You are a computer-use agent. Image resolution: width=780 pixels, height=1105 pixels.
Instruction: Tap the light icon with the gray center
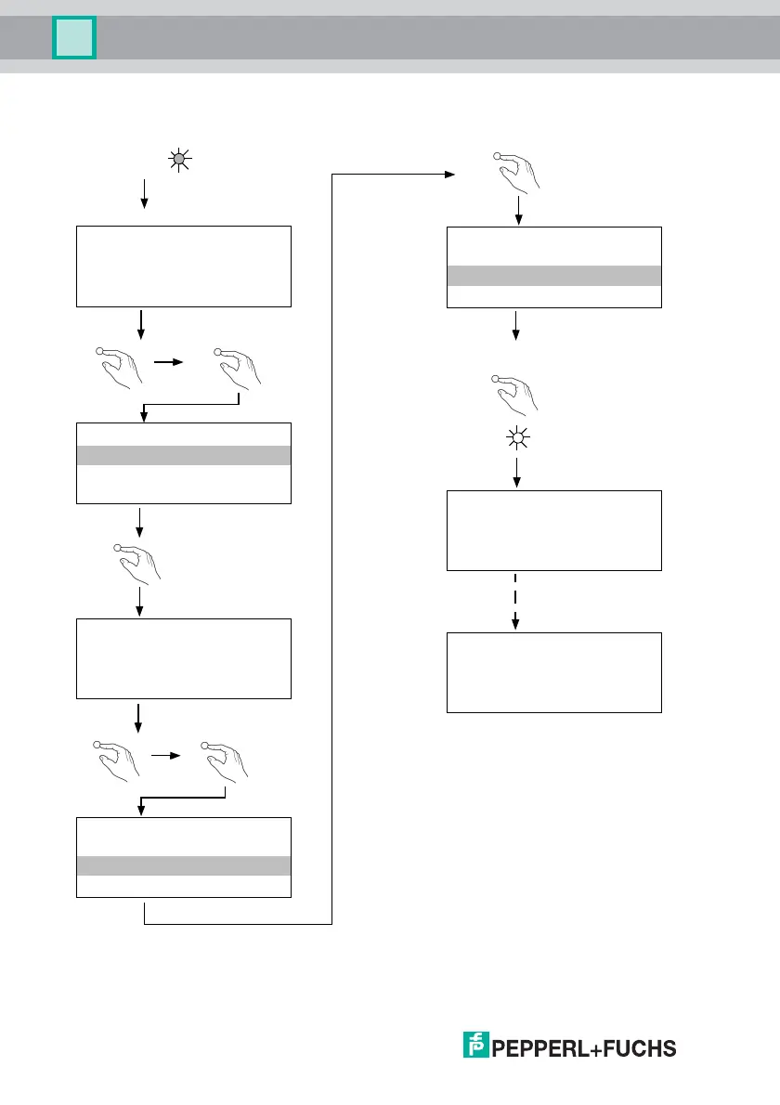pos(178,160)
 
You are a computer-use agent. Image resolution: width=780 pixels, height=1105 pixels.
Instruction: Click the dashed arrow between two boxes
pos(516,601)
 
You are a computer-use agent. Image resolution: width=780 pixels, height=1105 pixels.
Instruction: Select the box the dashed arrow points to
pos(554,672)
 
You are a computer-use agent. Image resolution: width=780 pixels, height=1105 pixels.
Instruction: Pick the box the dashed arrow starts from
pos(554,529)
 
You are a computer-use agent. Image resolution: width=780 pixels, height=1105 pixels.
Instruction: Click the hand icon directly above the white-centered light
pos(516,394)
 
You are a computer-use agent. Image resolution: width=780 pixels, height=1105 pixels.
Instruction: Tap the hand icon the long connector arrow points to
pos(518,174)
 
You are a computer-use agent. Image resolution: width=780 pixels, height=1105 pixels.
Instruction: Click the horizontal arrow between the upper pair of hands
pos(166,365)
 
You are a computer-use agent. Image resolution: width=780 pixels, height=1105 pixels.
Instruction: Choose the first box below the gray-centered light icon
pos(184,266)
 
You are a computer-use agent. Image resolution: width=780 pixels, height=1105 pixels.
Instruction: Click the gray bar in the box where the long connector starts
pos(184,865)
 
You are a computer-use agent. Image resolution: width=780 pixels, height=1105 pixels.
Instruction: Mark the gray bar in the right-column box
pos(554,275)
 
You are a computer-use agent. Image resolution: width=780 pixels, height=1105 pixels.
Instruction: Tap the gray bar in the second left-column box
pos(184,455)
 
